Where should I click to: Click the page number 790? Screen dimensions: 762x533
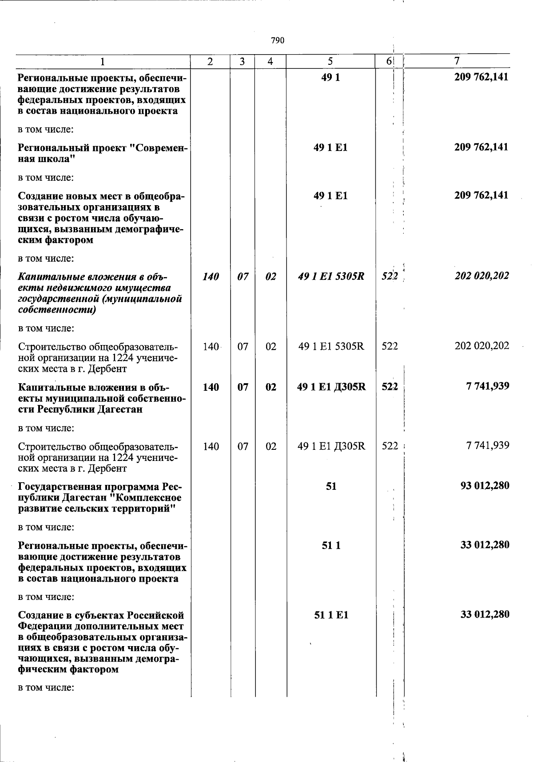(277, 41)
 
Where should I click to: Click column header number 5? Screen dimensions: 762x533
(330, 62)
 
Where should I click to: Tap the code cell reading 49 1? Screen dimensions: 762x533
(330, 78)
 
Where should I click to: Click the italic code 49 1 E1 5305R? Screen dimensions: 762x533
(331, 277)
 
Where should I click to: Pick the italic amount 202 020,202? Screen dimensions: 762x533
(481, 276)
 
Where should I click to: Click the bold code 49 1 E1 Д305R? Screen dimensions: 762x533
(331, 387)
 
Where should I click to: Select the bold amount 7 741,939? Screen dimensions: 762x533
(487, 386)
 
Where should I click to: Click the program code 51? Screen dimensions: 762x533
(331, 486)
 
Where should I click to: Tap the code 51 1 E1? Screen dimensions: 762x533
(331, 615)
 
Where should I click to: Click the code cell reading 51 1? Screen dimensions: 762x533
(331, 545)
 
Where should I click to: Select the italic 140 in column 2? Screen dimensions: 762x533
(211, 277)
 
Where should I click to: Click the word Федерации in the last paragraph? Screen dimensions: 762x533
(44, 627)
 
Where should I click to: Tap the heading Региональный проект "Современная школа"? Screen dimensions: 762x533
(101, 153)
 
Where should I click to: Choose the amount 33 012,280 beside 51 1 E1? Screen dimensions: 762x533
(485, 614)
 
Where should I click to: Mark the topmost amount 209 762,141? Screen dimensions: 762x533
(481, 77)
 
